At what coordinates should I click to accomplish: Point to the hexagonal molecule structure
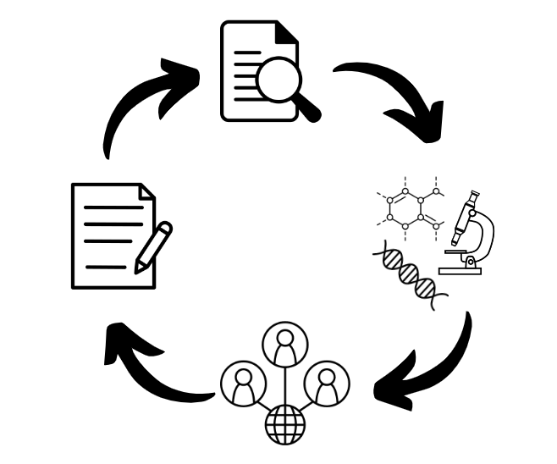tap(411, 207)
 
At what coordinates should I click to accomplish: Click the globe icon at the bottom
tap(284, 423)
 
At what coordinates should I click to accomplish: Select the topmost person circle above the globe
tap(285, 344)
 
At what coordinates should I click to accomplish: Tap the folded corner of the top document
tap(287, 32)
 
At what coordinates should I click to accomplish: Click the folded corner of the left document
tap(146, 192)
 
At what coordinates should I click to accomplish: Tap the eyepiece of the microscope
tap(474, 196)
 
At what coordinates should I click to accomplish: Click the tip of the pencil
tap(137, 271)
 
